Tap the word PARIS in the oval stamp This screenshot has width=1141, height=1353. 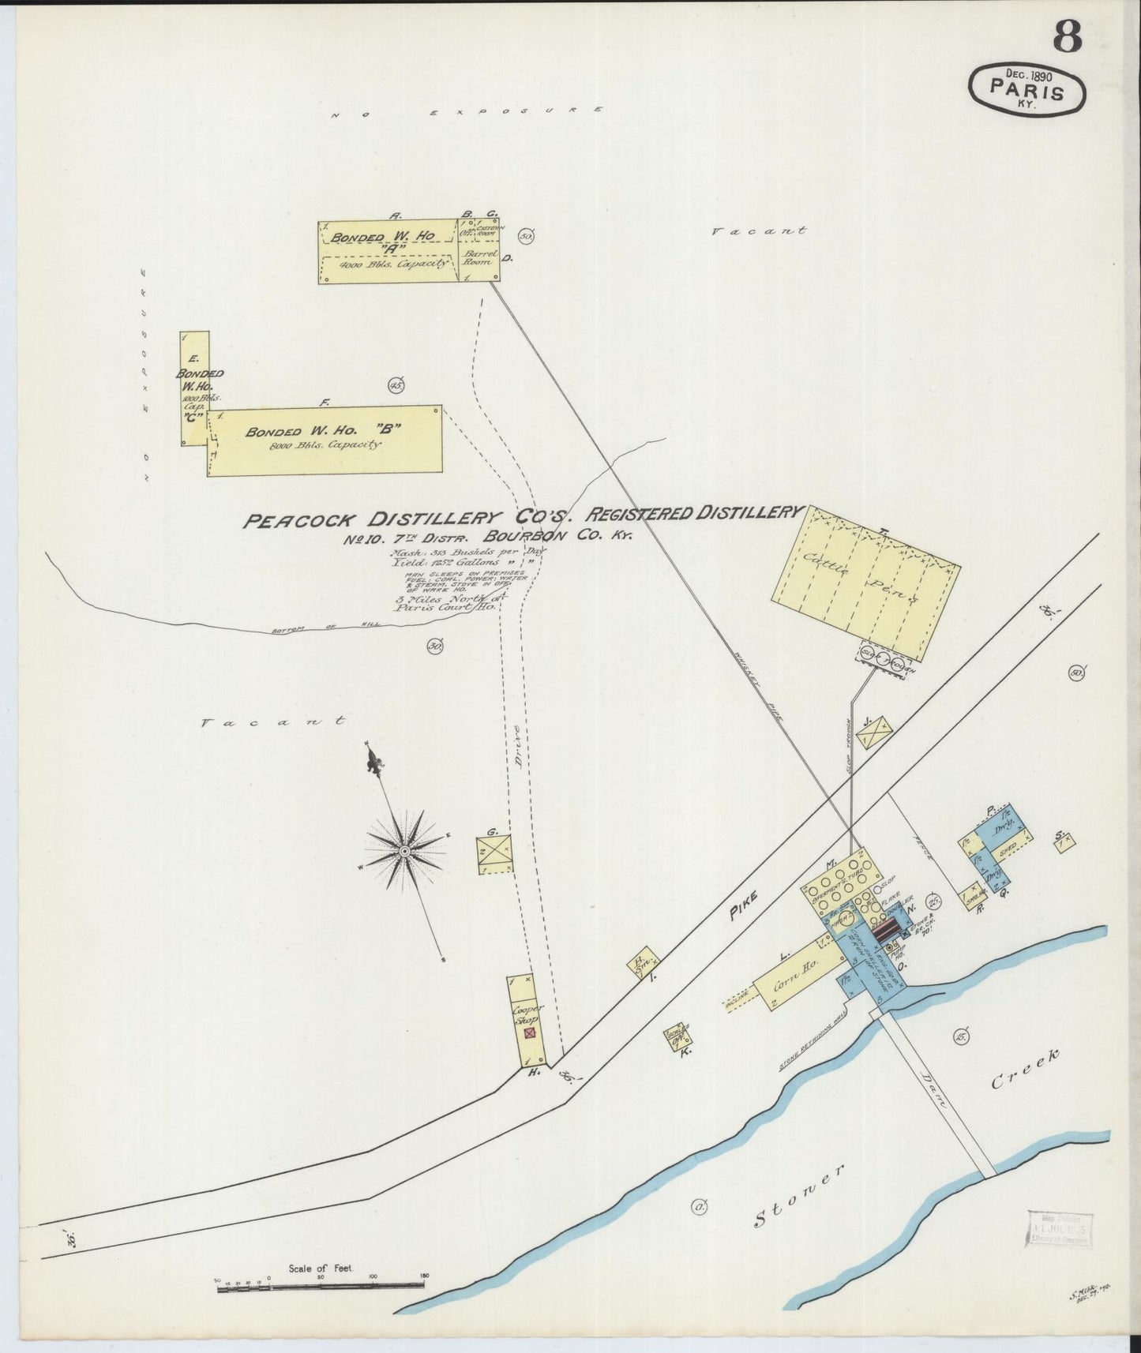tap(1027, 92)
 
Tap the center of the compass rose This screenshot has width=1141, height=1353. tap(404, 851)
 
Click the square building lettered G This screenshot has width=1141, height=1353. tap(494, 853)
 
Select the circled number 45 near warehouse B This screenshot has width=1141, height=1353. tap(396, 385)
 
